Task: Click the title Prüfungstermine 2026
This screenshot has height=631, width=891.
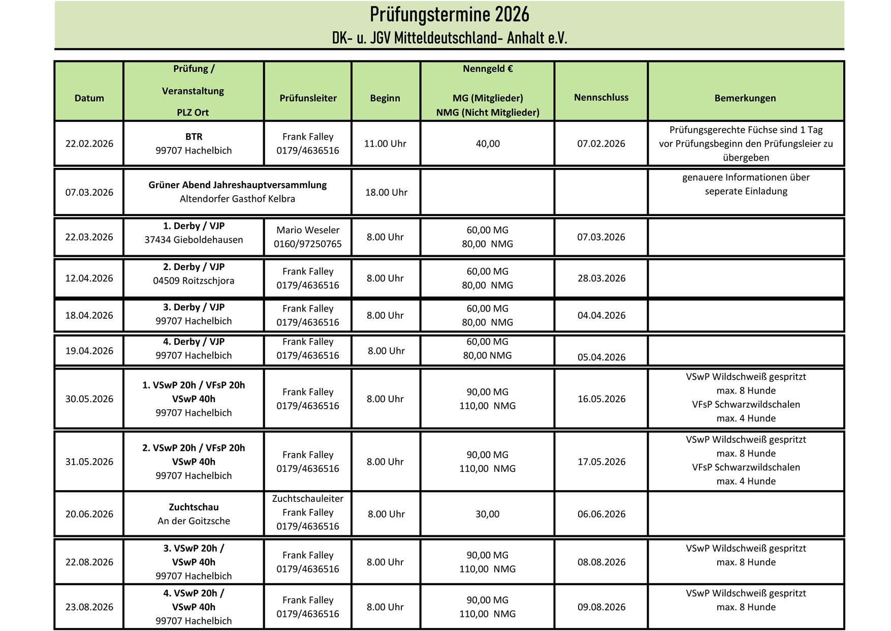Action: click(x=449, y=15)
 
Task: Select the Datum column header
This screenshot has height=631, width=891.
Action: click(x=89, y=98)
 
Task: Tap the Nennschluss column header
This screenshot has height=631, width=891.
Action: click(x=601, y=97)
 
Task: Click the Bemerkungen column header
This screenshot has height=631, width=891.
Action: click(x=745, y=98)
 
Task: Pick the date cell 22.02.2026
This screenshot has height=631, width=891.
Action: click(x=89, y=143)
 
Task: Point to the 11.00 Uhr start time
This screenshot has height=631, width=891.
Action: click(x=385, y=143)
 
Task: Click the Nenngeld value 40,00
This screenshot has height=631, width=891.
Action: click(x=488, y=143)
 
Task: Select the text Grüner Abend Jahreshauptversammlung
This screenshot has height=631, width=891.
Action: click(x=237, y=185)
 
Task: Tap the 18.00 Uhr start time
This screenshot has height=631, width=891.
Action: click(x=386, y=192)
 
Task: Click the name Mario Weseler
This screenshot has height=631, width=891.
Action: click(x=308, y=230)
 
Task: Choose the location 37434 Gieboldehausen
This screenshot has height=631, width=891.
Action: click(x=194, y=239)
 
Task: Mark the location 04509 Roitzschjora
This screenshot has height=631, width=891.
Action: click(x=194, y=281)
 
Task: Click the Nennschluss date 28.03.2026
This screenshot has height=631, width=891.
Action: click(x=601, y=278)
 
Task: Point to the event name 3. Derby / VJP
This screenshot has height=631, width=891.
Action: click(x=194, y=307)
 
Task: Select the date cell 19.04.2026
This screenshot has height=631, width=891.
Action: click(x=89, y=351)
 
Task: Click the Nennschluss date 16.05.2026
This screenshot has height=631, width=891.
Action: click(x=601, y=399)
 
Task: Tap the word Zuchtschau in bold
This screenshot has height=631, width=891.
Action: click(x=194, y=507)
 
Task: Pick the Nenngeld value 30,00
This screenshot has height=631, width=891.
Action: click(x=488, y=514)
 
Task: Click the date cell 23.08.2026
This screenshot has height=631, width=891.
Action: click(x=89, y=607)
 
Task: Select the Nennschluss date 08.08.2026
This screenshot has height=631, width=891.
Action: click(x=601, y=562)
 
